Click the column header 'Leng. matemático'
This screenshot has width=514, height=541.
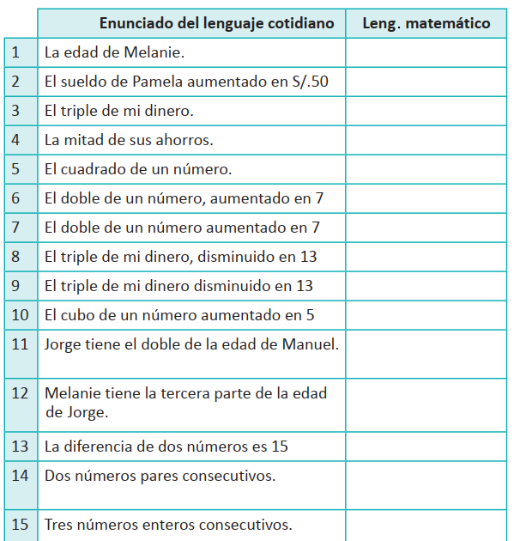tap(426, 23)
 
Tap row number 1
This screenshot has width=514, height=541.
tap(16, 52)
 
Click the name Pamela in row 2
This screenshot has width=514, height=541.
tap(160, 82)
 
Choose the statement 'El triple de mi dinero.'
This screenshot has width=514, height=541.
tap(118, 111)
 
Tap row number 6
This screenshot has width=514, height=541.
tap(16, 198)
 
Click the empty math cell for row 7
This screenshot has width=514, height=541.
tap(426, 228)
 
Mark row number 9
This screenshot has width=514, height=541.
tap(16, 286)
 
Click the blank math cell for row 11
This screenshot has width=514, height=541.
tap(426, 355)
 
